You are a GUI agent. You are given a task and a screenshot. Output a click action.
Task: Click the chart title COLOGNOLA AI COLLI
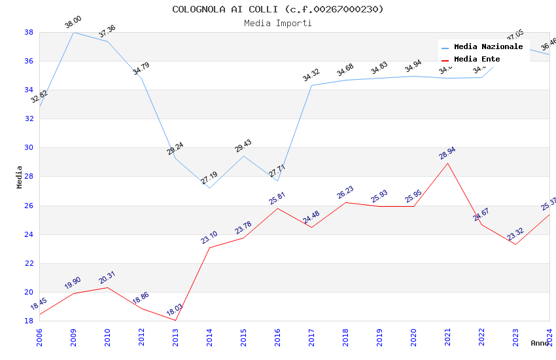pyautogui.click(x=278, y=9)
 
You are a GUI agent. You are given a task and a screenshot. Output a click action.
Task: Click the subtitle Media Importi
pyautogui.click(x=278, y=23)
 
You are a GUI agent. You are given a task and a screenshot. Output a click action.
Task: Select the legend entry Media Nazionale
pyautogui.click(x=488, y=46)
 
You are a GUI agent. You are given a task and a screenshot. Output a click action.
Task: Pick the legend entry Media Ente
pyautogui.click(x=477, y=59)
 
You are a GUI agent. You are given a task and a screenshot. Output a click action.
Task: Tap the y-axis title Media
pyautogui.click(x=20, y=177)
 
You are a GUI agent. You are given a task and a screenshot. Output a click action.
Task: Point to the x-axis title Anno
pyautogui.click(x=540, y=343)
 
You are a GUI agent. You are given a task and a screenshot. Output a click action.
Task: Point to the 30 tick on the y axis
pyautogui.click(x=29, y=147)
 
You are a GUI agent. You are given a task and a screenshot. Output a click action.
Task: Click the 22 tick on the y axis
pyautogui.click(x=29, y=263)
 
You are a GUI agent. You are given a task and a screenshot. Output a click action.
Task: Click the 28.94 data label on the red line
pyautogui.click(x=447, y=154)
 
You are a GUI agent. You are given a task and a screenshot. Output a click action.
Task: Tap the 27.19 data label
pyautogui.click(x=209, y=178)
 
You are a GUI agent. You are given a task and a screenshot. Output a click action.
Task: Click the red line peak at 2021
pyautogui.click(x=447, y=163)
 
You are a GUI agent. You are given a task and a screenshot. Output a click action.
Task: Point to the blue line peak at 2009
pyautogui.click(x=73, y=32)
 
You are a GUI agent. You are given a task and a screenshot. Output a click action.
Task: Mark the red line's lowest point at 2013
pyautogui.click(x=175, y=320)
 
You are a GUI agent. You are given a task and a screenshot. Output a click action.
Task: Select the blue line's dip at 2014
pyautogui.click(x=209, y=188)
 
